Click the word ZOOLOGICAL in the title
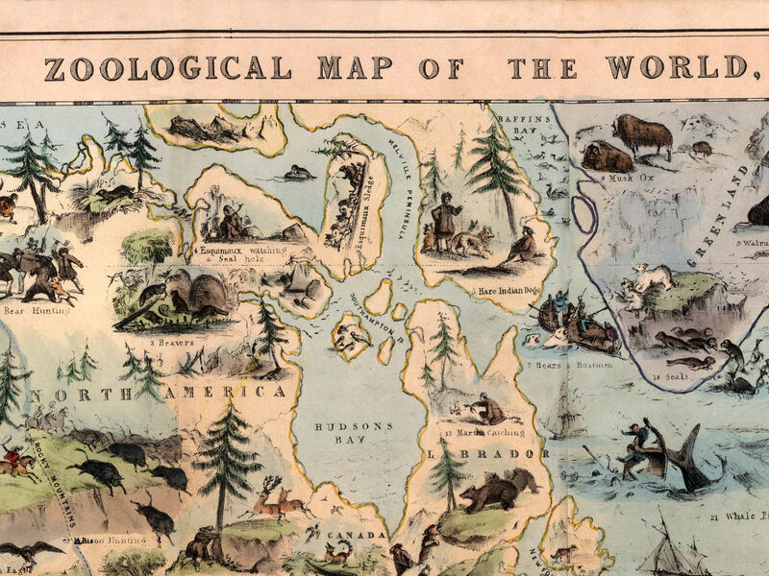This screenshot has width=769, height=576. [166, 68]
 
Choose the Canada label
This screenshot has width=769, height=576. [356, 534]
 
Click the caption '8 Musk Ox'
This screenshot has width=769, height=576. [621, 179]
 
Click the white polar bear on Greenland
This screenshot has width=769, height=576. [651, 277]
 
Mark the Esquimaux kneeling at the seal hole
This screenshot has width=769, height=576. [231, 221]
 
